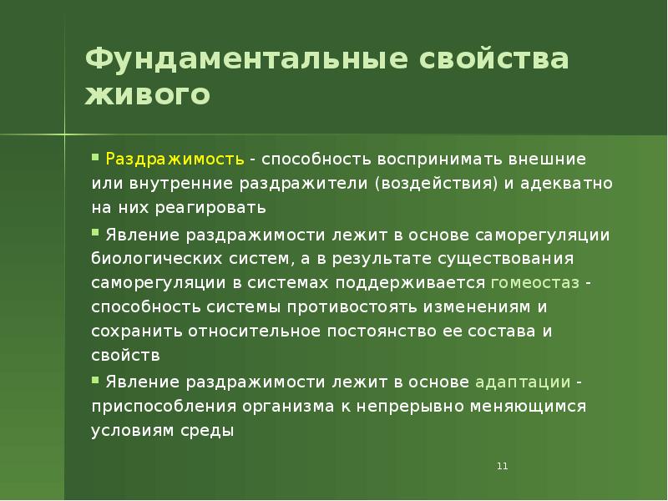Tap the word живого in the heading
coord(147,94)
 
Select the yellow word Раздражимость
coord(175,159)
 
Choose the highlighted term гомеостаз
coord(535,281)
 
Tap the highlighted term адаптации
coord(523,382)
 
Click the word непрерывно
coord(417,407)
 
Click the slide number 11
coord(502,466)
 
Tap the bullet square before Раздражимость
coord(96,156)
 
